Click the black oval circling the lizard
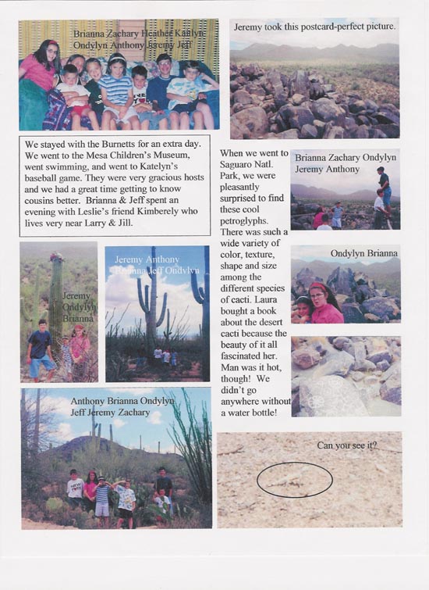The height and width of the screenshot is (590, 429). click(x=294, y=479)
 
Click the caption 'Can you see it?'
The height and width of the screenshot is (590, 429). click(x=347, y=445)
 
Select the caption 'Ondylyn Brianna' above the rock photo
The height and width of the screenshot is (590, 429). click(x=364, y=253)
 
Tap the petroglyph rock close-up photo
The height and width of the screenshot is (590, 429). click(x=345, y=376)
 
